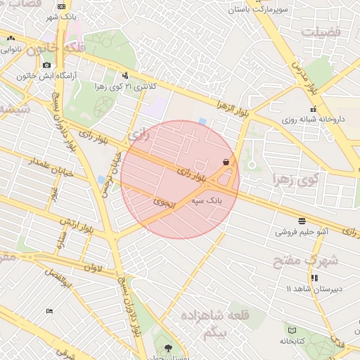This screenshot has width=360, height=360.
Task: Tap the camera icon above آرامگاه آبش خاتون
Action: pyautogui.click(x=46, y=65)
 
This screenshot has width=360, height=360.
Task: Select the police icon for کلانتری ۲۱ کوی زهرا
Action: pyautogui.click(x=125, y=75)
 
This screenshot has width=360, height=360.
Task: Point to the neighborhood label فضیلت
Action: pyautogui.click(x=320, y=32)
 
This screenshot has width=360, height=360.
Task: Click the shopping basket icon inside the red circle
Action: pyautogui.click(x=226, y=162)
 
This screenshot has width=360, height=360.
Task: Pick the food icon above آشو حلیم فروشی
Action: pyautogui.click(x=302, y=220)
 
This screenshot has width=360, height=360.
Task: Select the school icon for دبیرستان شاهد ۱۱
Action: pyautogui.click(x=314, y=278)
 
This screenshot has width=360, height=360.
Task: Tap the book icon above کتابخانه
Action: pyautogui.click(x=292, y=330)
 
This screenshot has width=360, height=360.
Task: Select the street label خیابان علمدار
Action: pyautogui.click(x=42, y=164)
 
